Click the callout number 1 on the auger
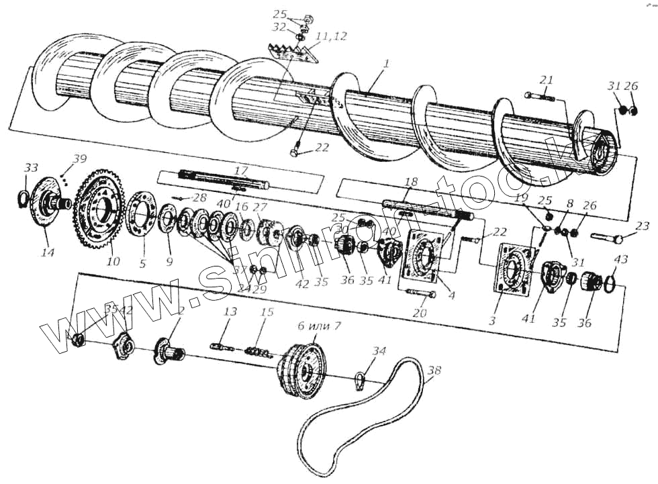coord(387,64)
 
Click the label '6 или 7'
coord(319,326)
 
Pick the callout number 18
coord(411,182)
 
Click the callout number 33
coord(31,167)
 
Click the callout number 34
coord(379,351)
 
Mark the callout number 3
coord(492,322)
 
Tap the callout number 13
coord(230,311)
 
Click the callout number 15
coord(267,313)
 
